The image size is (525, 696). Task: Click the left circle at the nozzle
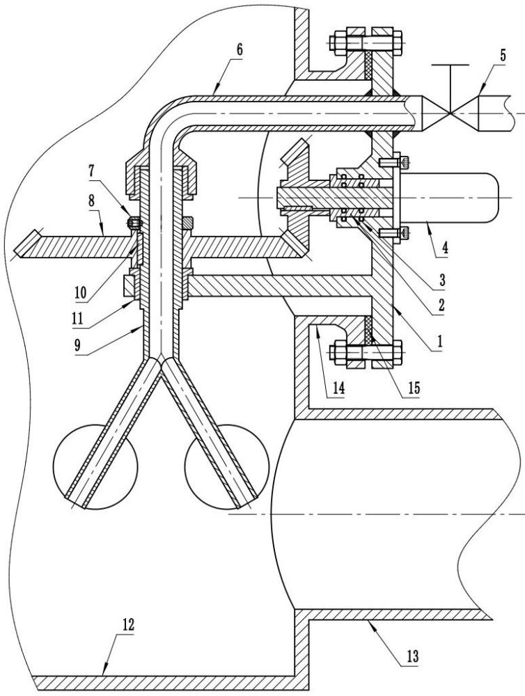click(91, 464)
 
